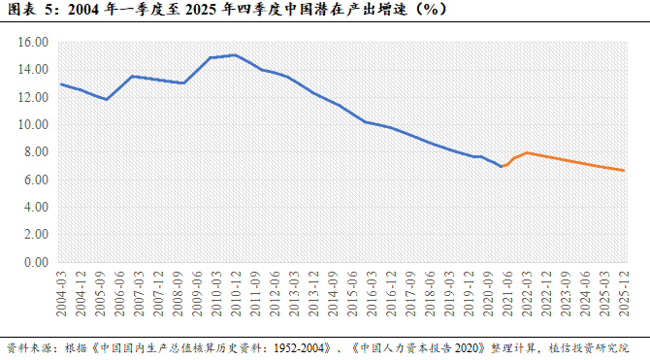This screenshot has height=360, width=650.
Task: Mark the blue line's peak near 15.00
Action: click(234, 55)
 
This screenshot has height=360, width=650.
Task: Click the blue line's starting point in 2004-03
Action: click(61, 84)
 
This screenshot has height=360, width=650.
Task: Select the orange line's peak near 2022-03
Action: click(526, 152)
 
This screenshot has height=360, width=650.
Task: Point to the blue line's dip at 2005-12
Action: click(107, 99)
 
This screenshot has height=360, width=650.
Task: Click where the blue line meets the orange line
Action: click(502, 167)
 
